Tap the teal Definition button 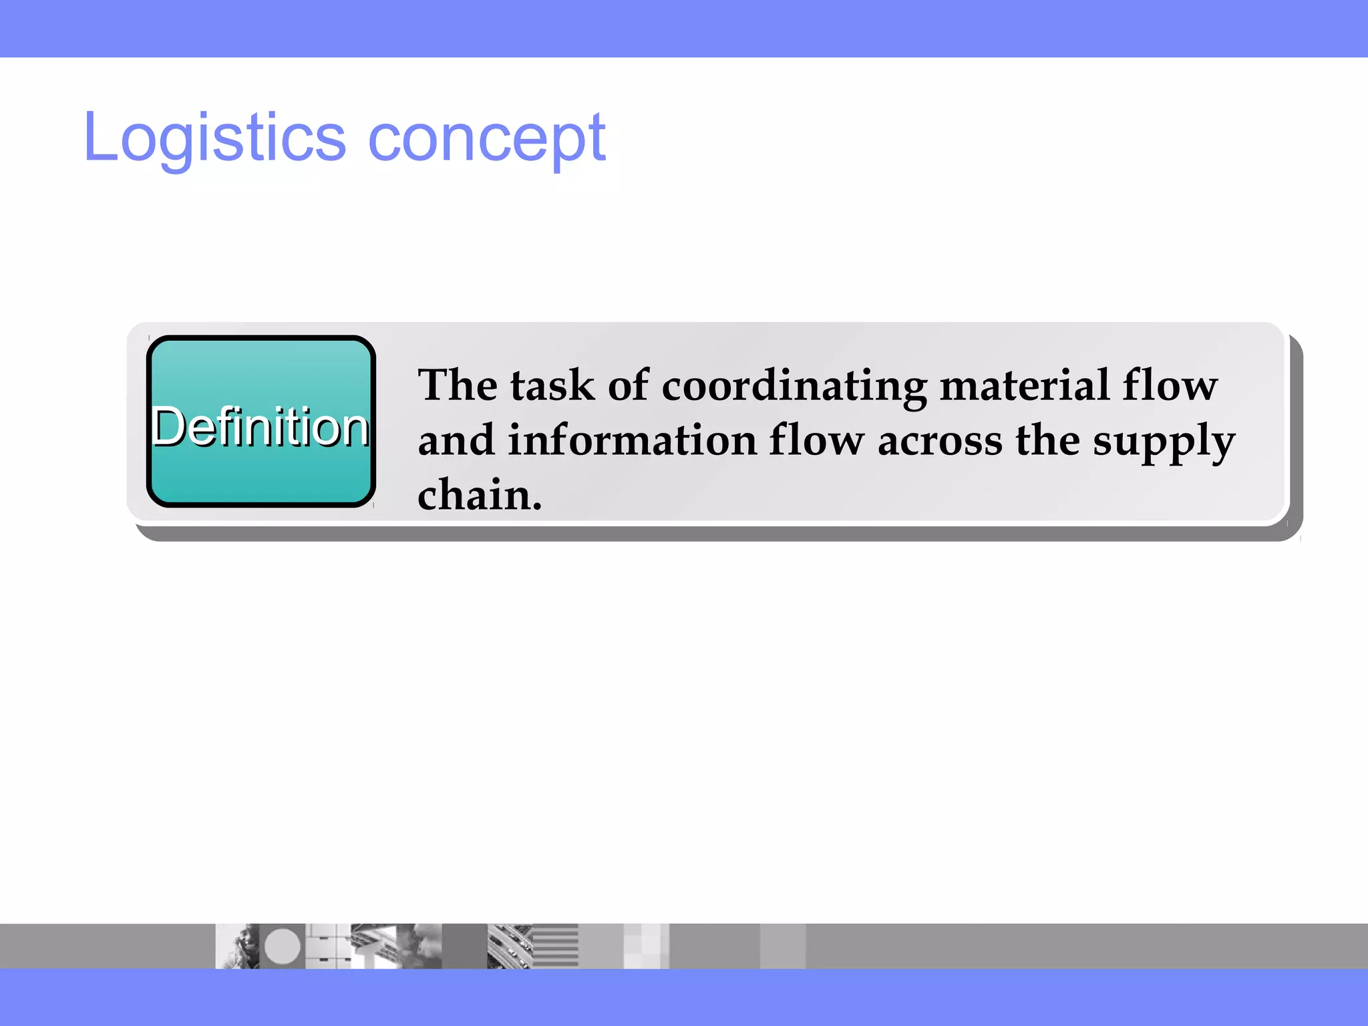[x=261, y=422]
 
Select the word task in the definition [x=552, y=385]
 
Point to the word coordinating [x=794, y=387]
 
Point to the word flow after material [x=1170, y=385]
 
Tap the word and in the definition [x=456, y=441]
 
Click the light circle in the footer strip [x=283, y=946]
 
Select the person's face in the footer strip [x=238, y=946]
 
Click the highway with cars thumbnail [x=509, y=946]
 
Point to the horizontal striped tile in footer [x=555, y=946]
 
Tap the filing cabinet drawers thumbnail [x=328, y=946]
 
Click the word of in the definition [x=628, y=385]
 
